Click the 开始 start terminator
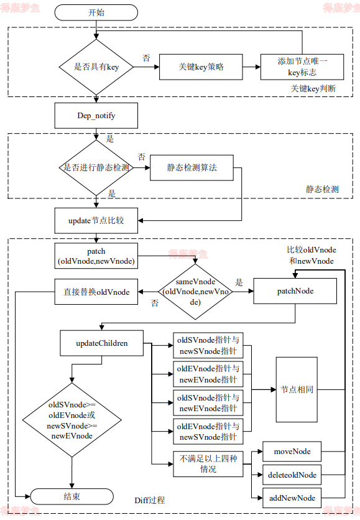(96, 12)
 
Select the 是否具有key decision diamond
(96, 67)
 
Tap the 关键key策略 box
(201, 67)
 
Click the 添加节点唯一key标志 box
(302, 67)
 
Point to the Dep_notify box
(96, 116)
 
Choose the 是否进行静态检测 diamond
(96, 168)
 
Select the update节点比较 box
(96, 220)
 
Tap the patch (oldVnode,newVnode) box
(96, 256)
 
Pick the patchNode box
(295, 290)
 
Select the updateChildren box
(102, 343)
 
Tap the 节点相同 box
(297, 389)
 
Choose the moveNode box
(292, 450)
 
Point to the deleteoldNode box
(292, 475)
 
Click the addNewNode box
(292, 498)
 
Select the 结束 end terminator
(72, 496)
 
